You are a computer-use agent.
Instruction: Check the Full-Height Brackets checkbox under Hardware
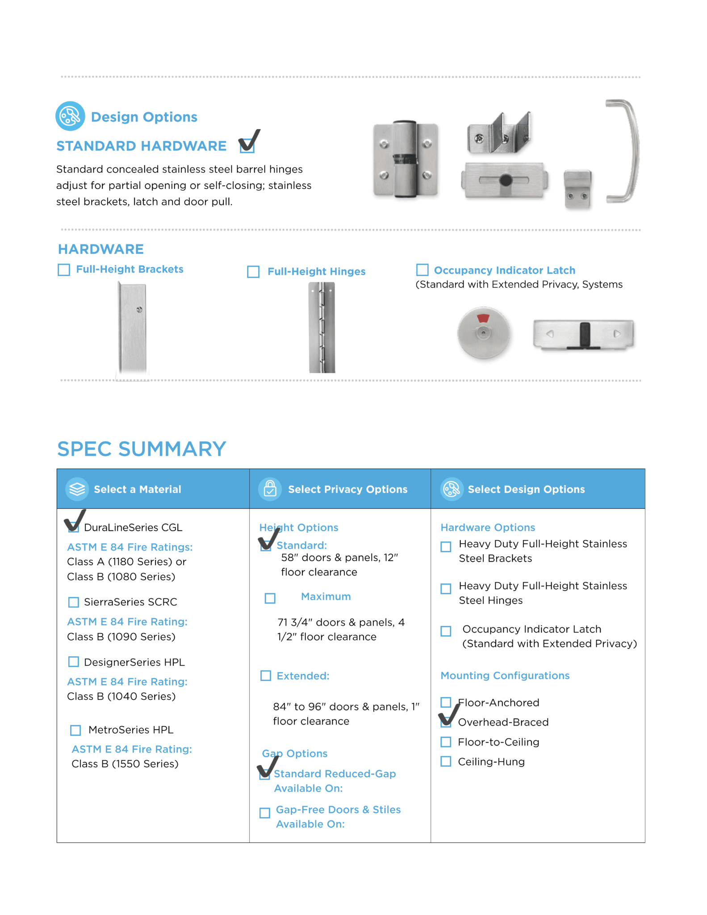pos(64,270)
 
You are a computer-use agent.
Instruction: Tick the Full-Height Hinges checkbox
pos(253,272)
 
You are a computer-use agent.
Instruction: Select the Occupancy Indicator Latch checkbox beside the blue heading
pos(422,270)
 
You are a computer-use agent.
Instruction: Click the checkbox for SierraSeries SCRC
pos(74,602)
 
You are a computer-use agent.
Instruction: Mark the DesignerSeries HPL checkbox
pos(74,662)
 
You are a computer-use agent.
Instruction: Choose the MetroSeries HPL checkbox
pos(75,730)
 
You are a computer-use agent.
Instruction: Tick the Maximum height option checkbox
pos(270,598)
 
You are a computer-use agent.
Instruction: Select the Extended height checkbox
pos(266,676)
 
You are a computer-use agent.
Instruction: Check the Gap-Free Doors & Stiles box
pos(265,813)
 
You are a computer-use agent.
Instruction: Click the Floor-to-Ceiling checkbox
pos(446,742)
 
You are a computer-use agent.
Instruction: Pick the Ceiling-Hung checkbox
pos(446,761)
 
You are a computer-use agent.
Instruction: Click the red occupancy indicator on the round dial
pos(483,319)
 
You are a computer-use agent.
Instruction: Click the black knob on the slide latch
pos(506,180)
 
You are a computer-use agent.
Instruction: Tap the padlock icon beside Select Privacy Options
pos(270,489)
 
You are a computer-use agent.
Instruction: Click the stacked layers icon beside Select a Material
pos(77,489)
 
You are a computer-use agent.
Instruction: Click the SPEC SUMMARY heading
pos(142,449)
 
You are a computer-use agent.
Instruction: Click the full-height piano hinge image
pos(322,327)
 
